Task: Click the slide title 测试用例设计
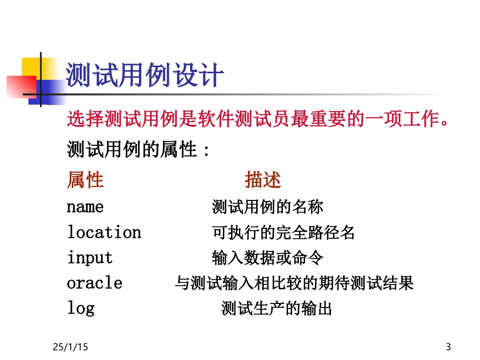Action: [146, 77]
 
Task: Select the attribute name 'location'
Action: [104, 232]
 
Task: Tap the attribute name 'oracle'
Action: [94, 283]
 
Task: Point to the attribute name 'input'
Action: [90, 258]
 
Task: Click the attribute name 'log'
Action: [81, 308]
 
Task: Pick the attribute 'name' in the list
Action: [85, 207]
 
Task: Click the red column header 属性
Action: [85, 180]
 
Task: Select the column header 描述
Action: [263, 180]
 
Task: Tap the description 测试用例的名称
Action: [267, 207]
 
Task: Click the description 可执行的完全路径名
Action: [283, 232]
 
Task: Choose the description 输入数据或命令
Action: [267, 258]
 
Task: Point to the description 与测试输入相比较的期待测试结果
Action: [294, 283]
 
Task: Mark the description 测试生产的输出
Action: [276, 308]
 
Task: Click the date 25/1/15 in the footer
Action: [70, 347]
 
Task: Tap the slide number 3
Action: [448, 347]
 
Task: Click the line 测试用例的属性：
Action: [138, 149]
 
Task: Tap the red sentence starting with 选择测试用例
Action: [258, 120]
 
